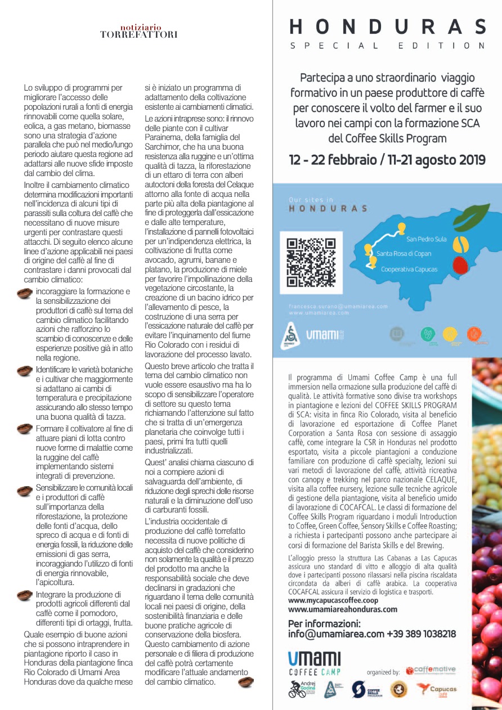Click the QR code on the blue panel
pos(311,263)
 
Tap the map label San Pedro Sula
pos(426,239)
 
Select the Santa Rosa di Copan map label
pos(404,254)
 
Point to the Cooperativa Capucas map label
pos(409,269)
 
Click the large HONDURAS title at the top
pos(387,27)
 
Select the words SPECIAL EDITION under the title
pos(387,46)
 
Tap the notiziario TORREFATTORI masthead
pos(139,31)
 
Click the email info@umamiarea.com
pos(336,633)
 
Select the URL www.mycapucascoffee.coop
pos(333,600)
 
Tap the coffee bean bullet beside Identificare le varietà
pos(25,370)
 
